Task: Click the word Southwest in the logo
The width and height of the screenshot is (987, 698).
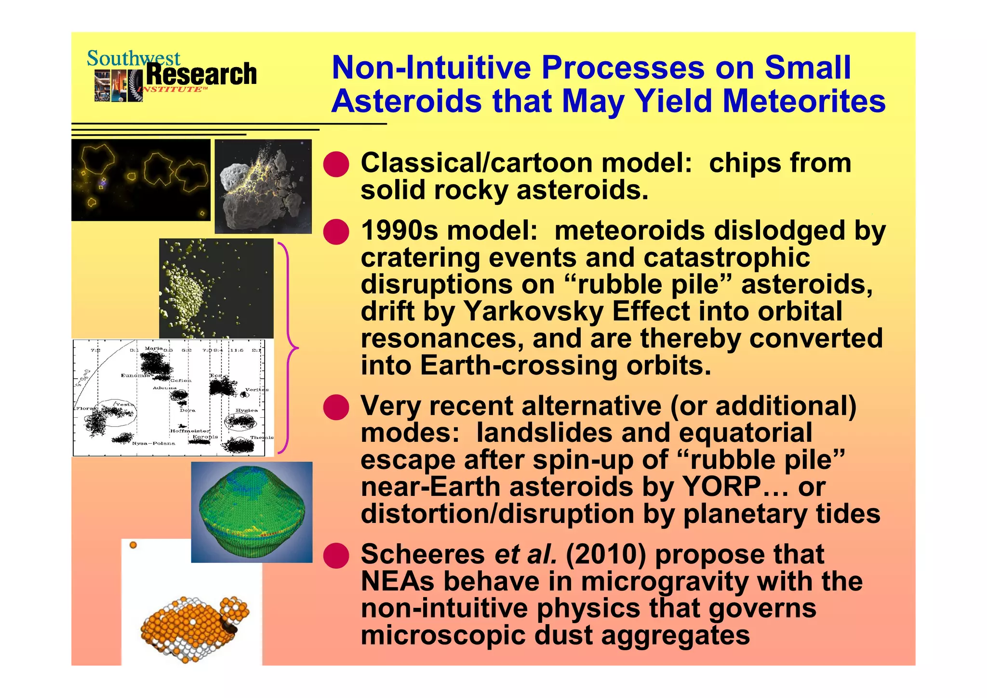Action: click(133, 59)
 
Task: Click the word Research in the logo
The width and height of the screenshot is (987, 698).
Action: click(201, 75)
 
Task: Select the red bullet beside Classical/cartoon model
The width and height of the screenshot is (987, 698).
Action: click(336, 164)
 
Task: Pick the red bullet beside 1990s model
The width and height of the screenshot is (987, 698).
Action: click(336, 232)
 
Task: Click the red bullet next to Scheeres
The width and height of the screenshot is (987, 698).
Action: click(336, 555)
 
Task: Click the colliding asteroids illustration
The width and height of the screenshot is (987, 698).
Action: click(263, 186)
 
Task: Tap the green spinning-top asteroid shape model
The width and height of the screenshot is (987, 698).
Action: click(252, 512)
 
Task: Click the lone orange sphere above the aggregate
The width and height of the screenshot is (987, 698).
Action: click(133, 545)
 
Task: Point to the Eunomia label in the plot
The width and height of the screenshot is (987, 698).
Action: click(134, 375)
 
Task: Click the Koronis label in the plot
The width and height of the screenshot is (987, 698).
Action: click(205, 437)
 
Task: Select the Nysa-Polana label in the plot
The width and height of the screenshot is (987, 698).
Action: click(153, 443)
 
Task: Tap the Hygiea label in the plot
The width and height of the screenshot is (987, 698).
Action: click(246, 411)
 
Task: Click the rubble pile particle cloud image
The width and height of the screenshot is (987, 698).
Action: click(216, 288)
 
